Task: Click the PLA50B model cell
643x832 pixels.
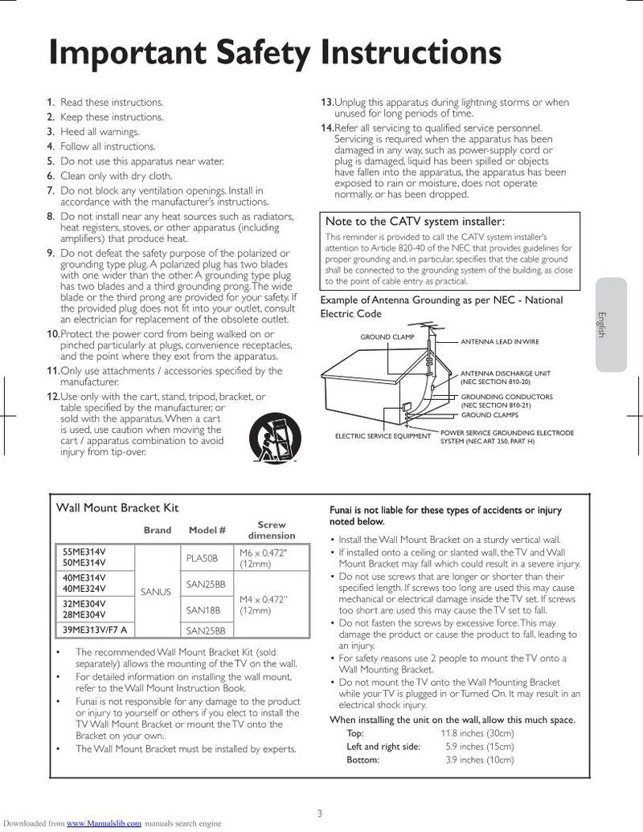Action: tap(202, 557)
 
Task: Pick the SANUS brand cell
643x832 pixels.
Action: tap(156, 592)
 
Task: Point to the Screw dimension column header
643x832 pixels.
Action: tap(271, 530)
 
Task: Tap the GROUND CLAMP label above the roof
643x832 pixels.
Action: tap(387, 337)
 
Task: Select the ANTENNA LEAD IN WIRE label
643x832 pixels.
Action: tap(499, 342)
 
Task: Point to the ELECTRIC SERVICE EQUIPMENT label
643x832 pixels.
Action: tap(383, 436)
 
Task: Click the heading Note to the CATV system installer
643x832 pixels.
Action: tap(414, 221)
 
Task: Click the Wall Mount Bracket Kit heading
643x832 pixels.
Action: tap(117, 508)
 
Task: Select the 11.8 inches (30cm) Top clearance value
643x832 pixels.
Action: tap(477, 733)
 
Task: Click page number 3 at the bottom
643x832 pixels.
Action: tap(319, 813)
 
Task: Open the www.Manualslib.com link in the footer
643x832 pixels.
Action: tap(104, 823)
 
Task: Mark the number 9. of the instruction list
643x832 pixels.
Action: tap(50, 253)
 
